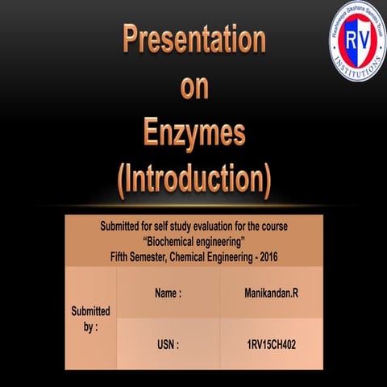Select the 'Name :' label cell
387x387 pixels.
pyautogui.click(x=168, y=294)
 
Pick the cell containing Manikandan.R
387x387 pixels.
pyautogui.click(x=270, y=294)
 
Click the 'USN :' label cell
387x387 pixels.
pyautogui.click(x=168, y=344)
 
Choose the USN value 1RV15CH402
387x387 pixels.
pyautogui.click(x=270, y=344)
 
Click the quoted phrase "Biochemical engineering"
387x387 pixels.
pyautogui.click(x=193, y=242)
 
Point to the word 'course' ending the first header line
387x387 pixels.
pyautogui.click(x=274, y=228)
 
